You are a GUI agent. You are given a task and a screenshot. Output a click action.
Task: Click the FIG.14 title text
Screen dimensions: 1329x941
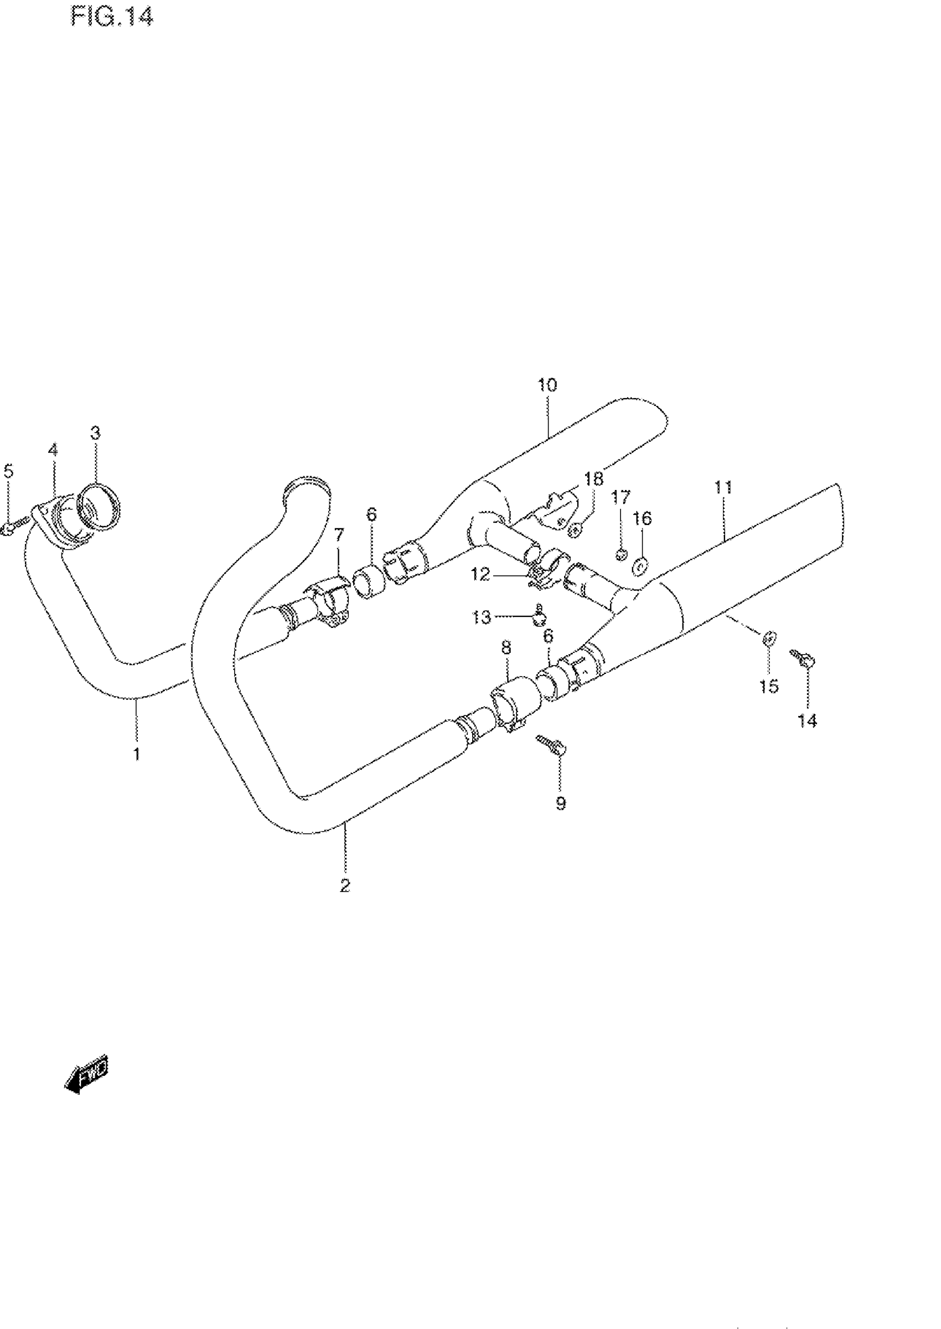click(112, 16)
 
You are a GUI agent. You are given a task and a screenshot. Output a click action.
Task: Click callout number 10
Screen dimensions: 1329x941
click(547, 385)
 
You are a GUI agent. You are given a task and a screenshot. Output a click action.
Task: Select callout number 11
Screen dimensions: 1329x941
click(723, 487)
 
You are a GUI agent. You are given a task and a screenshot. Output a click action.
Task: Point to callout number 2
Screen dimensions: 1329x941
click(345, 885)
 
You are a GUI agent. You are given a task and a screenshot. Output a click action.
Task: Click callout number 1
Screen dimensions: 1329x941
click(137, 754)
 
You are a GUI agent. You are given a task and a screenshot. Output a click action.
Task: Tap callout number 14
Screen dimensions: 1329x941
click(807, 720)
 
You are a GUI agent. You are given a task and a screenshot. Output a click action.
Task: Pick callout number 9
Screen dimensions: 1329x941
click(560, 803)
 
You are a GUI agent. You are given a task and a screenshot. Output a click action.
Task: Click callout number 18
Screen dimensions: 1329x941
click(593, 479)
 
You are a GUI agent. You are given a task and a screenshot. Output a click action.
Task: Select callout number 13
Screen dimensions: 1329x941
click(481, 617)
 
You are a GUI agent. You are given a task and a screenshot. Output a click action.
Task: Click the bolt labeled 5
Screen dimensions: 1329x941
click(13, 527)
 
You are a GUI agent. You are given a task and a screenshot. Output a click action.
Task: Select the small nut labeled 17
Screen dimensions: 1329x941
click(621, 555)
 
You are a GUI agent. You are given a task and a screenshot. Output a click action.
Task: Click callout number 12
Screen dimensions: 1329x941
click(480, 574)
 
